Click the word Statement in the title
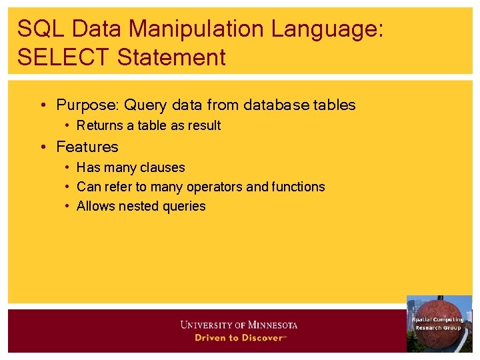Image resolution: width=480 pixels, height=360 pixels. click(171, 57)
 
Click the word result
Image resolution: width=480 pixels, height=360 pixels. click(204, 125)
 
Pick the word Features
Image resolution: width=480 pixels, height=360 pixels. click(87, 147)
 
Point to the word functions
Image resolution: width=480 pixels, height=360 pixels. click(298, 187)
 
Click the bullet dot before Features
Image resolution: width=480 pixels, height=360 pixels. click(43, 147)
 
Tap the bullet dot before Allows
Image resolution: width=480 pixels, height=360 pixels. click(68, 206)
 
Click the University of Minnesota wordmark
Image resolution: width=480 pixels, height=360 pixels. click(239, 325)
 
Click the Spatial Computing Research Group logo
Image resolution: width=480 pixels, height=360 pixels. click(439, 323)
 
